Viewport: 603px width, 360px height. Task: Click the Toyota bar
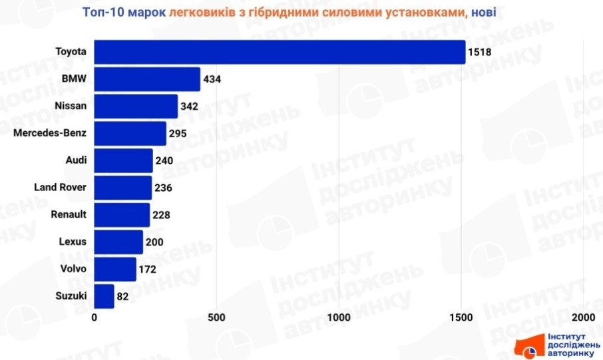pyautogui.click(x=280, y=52)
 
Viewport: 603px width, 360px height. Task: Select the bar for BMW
pyautogui.click(x=147, y=79)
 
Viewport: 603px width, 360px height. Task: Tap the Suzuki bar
pyautogui.click(x=104, y=296)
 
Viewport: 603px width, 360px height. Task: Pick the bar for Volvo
pyautogui.click(x=115, y=269)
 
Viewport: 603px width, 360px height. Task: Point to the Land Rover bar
pyautogui.click(x=123, y=188)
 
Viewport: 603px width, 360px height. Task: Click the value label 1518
pyautogui.click(x=480, y=53)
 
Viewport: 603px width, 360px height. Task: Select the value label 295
pyautogui.click(x=177, y=134)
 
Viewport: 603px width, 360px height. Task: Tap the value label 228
pyautogui.click(x=161, y=215)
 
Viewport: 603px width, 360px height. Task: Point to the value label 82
pyautogui.click(x=122, y=297)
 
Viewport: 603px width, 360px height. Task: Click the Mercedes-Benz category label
pyautogui.click(x=50, y=132)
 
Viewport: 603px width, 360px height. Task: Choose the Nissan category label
pyautogui.click(x=71, y=105)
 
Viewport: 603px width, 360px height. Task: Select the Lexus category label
pyautogui.click(x=72, y=241)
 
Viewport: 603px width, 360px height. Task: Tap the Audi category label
pyautogui.click(x=76, y=160)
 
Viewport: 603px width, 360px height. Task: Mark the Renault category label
pyautogui.click(x=69, y=214)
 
